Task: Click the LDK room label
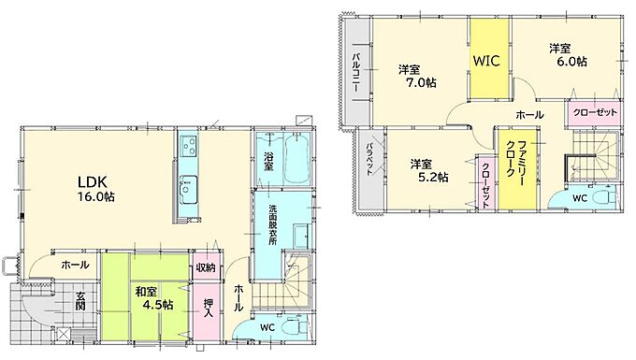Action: [92, 180]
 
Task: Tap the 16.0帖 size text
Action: [96, 197]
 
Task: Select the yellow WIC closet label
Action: [486, 61]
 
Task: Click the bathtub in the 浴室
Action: [297, 159]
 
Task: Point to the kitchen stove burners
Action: [189, 146]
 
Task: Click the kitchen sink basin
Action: [189, 189]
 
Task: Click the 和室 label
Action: [146, 292]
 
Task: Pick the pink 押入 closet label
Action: [209, 308]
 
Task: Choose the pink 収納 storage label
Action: [206, 268]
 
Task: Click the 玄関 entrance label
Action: [79, 300]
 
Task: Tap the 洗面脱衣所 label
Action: [272, 224]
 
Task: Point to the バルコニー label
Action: [355, 72]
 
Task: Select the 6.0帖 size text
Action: [571, 62]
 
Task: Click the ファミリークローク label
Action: [516, 163]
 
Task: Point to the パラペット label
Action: [369, 159]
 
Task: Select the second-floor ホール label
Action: [529, 115]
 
